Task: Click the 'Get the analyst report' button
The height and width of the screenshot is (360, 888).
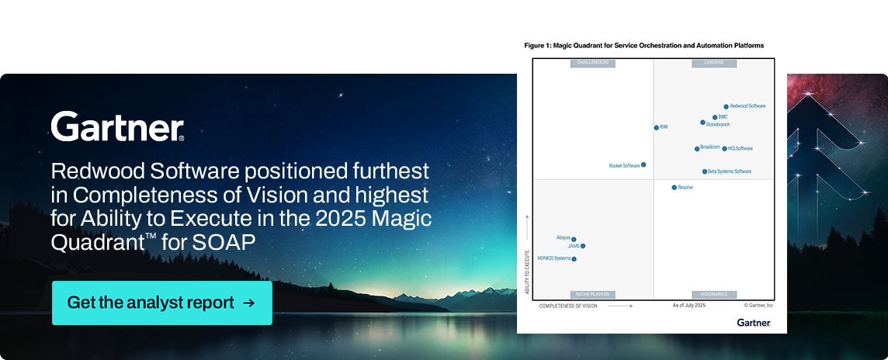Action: (161, 303)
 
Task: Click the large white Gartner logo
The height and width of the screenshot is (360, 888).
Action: (117, 127)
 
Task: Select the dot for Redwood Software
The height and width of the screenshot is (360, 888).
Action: (726, 106)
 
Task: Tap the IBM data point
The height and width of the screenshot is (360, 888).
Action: (656, 127)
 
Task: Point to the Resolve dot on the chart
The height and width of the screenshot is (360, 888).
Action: (674, 187)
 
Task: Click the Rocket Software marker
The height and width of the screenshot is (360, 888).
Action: (643, 164)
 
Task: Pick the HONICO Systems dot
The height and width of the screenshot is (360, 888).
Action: (574, 259)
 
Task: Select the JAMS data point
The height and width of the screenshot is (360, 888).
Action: (583, 246)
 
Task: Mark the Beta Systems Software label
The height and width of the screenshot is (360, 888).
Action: (730, 171)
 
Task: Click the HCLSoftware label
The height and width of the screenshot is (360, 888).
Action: (741, 148)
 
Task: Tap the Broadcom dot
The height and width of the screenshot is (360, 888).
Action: (697, 148)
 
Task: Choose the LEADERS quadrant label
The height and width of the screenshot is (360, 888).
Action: (714, 63)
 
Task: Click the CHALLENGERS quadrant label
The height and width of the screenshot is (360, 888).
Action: (593, 63)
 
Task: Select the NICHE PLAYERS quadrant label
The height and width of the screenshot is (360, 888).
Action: (593, 295)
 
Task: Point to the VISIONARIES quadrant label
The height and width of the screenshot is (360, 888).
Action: (714, 295)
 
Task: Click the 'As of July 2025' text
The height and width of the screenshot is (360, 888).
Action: (689, 306)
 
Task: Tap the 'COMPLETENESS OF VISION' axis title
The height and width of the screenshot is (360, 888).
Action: (568, 306)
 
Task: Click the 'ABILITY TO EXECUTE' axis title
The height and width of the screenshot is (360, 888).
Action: (527, 272)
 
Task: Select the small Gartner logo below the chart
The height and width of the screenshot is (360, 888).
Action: (753, 322)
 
